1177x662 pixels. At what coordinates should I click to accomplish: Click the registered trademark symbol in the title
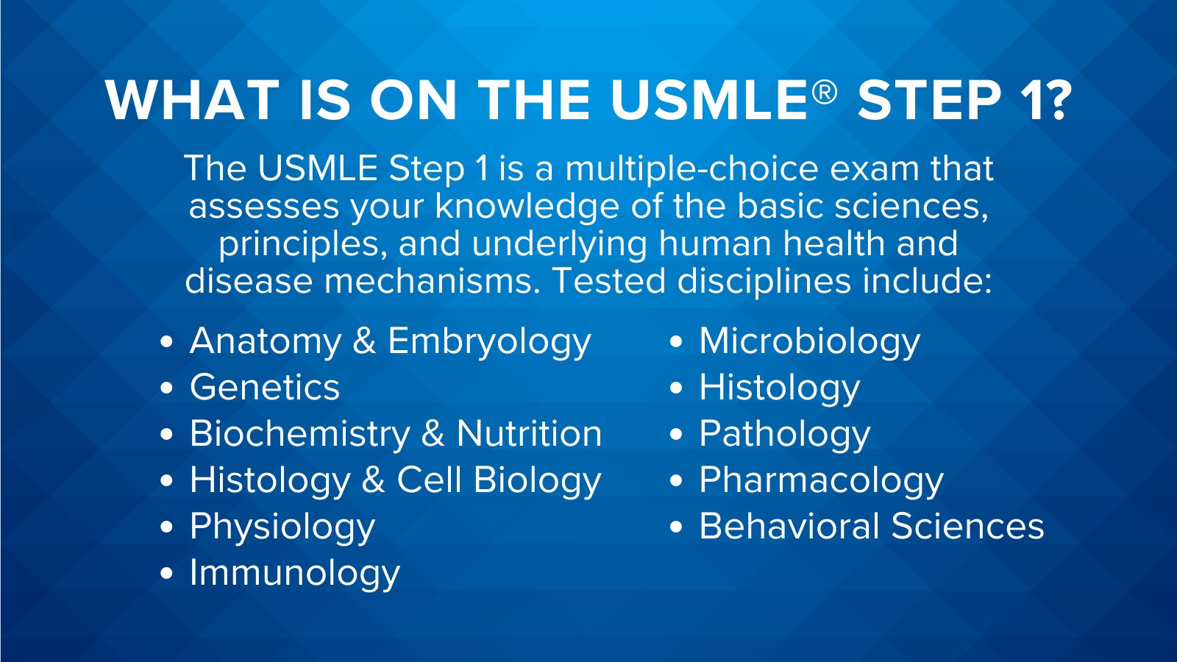[x=825, y=92]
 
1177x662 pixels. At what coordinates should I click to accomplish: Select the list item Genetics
[x=265, y=388]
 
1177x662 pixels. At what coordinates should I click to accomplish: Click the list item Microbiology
[x=809, y=342]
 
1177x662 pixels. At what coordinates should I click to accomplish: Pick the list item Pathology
[x=784, y=434]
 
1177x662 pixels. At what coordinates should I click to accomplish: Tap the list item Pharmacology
[x=821, y=480]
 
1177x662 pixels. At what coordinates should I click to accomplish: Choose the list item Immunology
[x=294, y=573]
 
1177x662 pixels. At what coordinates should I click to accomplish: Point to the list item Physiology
[x=282, y=527]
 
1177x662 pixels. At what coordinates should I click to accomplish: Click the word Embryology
[x=489, y=342]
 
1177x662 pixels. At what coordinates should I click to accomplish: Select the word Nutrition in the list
[x=529, y=434]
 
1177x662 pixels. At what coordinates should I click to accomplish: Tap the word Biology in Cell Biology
[x=537, y=480]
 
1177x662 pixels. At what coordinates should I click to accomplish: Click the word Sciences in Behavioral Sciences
[x=967, y=527]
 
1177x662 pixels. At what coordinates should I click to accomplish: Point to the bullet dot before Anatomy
[x=167, y=342]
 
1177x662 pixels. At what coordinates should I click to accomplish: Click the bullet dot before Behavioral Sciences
[x=677, y=527]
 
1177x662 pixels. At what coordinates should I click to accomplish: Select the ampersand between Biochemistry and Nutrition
[x=433, y=434]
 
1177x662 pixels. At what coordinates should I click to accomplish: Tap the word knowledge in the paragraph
[x=527, y=206]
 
